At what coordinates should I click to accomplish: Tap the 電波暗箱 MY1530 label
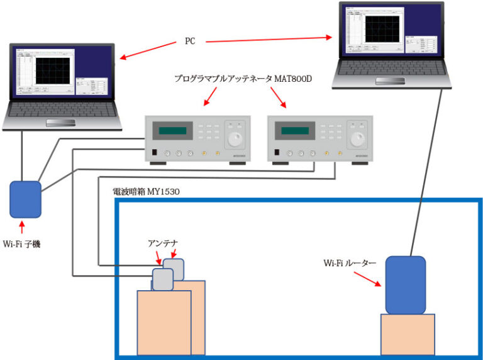(147, 190)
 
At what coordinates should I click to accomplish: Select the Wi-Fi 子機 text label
(21, 244)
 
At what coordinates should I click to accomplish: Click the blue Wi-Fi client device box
(25, 198)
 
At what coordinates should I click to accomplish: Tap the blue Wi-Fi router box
(406, 285)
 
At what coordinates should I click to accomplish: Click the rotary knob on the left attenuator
(235, 139)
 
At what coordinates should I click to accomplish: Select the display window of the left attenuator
(172, 131)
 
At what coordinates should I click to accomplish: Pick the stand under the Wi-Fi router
(408, 334)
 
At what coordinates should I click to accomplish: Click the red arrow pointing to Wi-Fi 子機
(23, 227)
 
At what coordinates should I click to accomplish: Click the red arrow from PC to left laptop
(148, 50)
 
